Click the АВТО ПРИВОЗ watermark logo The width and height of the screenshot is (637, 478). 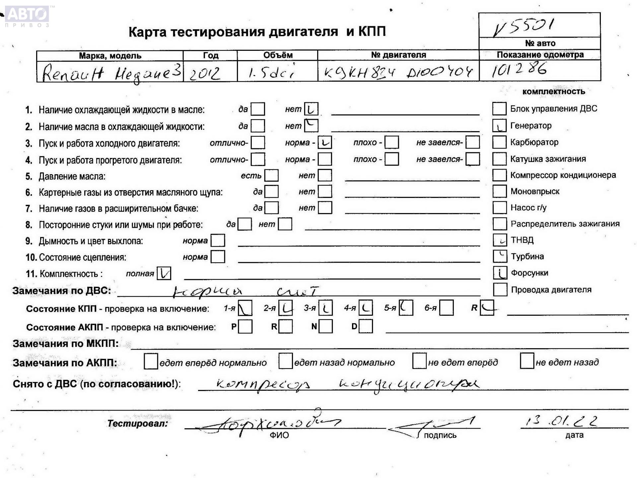28,16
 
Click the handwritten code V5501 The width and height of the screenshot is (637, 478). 523,27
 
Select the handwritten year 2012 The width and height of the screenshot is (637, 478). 204,73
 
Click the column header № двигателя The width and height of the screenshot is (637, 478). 398,55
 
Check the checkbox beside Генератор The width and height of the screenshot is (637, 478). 499,125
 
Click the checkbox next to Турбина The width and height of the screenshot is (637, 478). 500,256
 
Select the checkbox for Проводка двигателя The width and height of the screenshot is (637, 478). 500,289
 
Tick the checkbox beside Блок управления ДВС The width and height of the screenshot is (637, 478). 499,109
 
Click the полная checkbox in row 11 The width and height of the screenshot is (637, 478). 164,274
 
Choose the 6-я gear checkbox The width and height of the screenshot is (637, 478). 447,308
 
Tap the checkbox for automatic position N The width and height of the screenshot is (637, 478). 325,326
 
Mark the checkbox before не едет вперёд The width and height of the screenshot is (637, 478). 419,361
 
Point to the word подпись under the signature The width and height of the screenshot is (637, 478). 440,435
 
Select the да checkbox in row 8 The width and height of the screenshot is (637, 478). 245,224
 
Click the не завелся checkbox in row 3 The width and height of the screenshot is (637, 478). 472,142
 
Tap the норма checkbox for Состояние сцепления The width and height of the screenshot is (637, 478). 218,257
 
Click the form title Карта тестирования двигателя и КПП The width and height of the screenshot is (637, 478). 257,32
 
